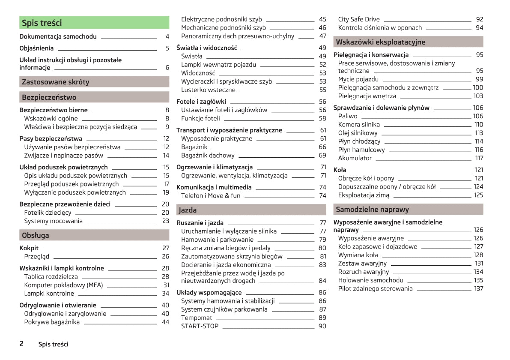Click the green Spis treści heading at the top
pos(42,23)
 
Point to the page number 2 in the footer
pos(21,344)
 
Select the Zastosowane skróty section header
pos(56,82)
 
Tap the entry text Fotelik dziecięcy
pos(48,213)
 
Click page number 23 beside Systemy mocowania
pos(165,221)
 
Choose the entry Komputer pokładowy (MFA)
pos(63,285)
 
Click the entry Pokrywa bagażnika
pos(52,322)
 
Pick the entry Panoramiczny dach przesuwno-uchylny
pos(238,36)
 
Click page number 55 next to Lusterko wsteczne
pos(322,90)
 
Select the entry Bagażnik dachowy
pos(208,156)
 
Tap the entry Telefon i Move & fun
pos(211,195)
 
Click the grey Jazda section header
pos(188,210)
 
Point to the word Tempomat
pos(197,318)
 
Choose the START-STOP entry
pos(200,326)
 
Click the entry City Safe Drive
pos(359,19)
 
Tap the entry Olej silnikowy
pos(358,133)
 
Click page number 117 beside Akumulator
pos(479,158)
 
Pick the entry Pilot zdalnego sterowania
pos(375,288)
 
